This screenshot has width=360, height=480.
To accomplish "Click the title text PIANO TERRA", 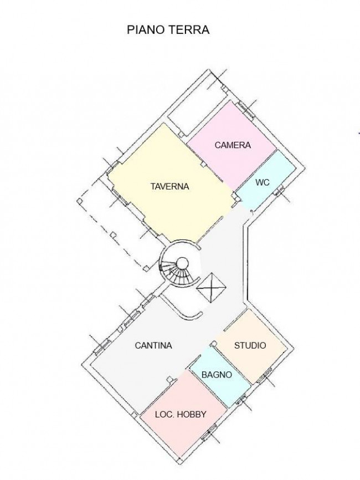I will [x=168, y=30].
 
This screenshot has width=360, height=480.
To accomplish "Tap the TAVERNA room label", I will [x=169, y=187].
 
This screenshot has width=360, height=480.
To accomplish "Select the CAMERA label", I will [x=233, y=145].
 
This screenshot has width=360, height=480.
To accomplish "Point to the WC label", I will [x=262, y=182].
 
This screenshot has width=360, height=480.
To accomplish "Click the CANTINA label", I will [x=153, y=345].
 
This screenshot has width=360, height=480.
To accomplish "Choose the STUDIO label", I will [x=250, y=345].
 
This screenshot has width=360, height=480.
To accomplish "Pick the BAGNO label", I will [x=217, y=375].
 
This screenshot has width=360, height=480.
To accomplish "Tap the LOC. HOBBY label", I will [x=181, y=414].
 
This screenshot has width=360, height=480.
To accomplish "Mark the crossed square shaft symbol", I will [x=212, y=287].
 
